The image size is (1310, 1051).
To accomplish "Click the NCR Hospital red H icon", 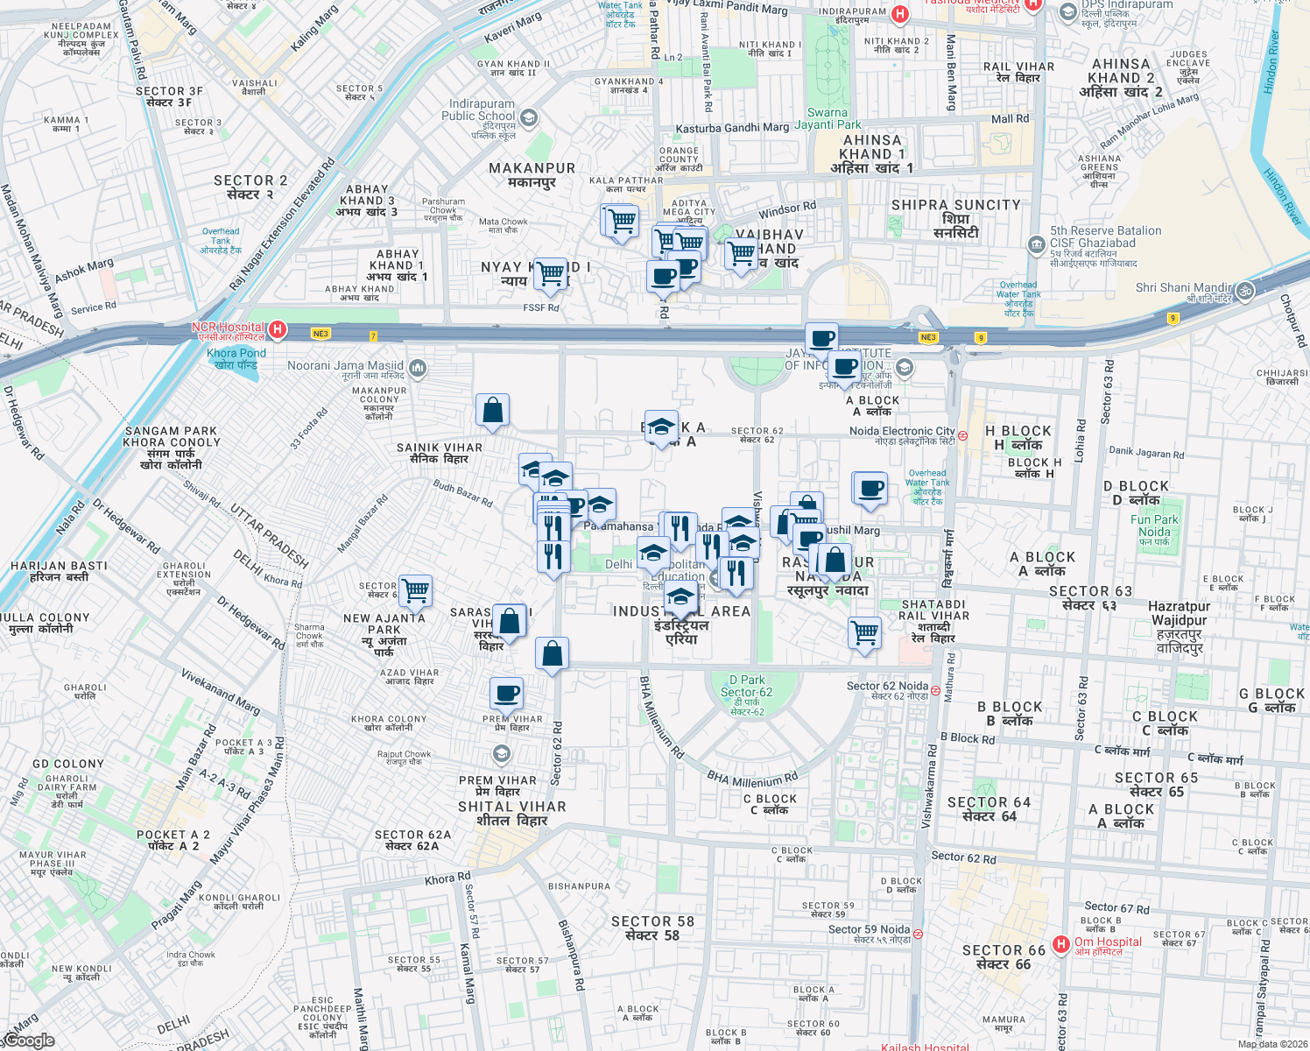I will click(278, 329).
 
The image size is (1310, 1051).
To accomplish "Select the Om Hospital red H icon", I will click(1061, 943).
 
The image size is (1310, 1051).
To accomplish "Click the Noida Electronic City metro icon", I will click(963, 435).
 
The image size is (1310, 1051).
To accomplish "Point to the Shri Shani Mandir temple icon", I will click(1245, 291).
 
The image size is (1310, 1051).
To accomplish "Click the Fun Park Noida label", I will click(1154, 525).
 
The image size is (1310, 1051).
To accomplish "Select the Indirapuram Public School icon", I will click(529, 117).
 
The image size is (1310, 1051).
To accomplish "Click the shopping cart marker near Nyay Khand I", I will click(551, 273).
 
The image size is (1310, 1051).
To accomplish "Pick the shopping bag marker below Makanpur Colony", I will click(492, 410).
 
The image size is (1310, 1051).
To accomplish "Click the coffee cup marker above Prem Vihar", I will click(506, 694).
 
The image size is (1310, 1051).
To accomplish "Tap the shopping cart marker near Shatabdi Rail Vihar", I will click(865, 631).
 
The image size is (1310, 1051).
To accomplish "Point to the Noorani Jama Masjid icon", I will click(418, 367).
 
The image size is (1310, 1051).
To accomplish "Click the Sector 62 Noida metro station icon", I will click(935, 690).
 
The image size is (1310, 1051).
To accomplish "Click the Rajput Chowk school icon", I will click(501, 753).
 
